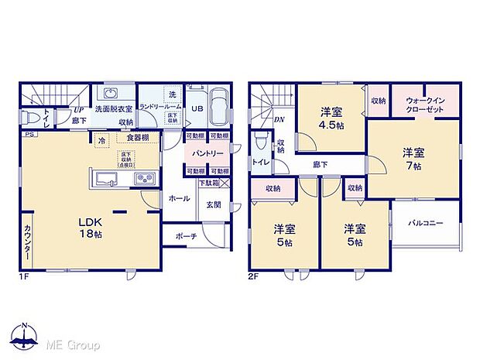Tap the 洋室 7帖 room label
pos(412,159)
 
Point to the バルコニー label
pos(427,223)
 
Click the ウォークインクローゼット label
pos(424,106)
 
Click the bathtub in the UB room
pos(218,106)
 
